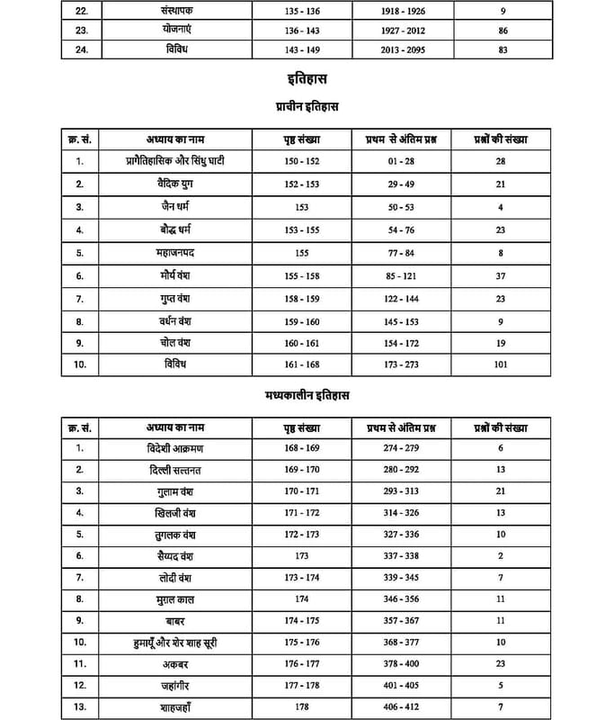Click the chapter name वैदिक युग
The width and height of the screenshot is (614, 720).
pyautogui.click(x=173, y=184)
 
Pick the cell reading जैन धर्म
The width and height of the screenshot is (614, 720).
pyautogui.click(x=173, y=206)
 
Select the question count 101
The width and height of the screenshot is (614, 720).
pyautogui.click(x=501, y=364)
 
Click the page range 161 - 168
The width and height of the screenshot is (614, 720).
pyautogui.click(x=301, y=364)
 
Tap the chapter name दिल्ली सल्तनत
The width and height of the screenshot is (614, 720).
pyautogui.click(x=173, y=469)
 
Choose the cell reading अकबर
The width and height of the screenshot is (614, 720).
pyautogui.click(x=173, y=664)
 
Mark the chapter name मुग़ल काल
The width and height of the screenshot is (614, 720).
pyautogui.click(x=173, y=598)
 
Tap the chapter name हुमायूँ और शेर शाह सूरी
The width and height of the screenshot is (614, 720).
pyautogui.click(x=173, y=643)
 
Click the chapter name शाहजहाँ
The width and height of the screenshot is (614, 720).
pyautogui.click(x=173, y=707)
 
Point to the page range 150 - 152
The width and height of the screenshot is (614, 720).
pyautogui.click(x=301, y=161)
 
